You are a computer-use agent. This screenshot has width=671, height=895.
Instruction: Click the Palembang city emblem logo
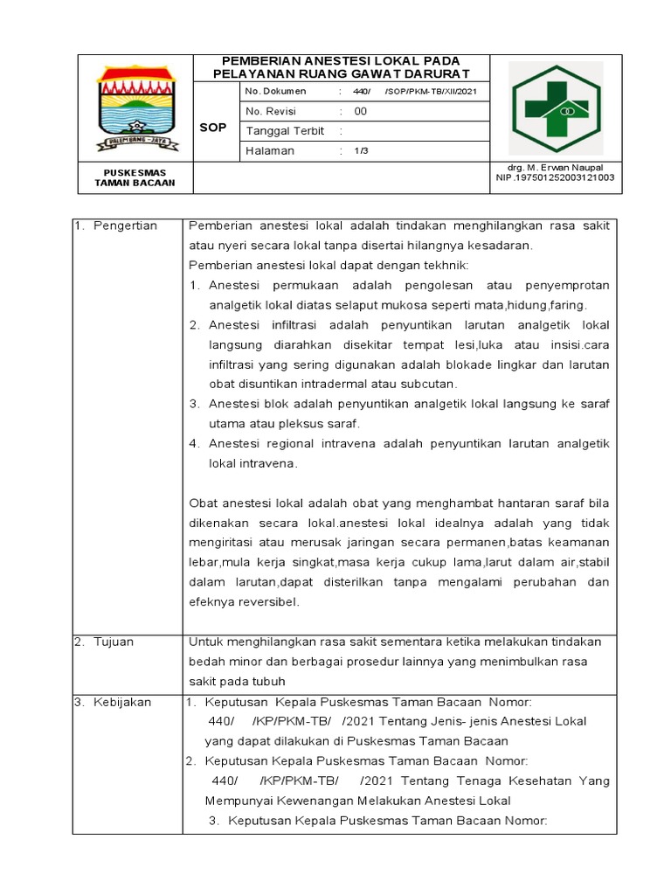pyautogui.click(x=135, y=108)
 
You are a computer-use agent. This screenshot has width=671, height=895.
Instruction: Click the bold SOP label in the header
pyautogui.click(x=212, y=128)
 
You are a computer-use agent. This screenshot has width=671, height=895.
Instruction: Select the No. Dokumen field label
pyautogui.click(x=275, y=92)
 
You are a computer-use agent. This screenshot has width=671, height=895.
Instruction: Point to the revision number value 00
pyautogui.click(x=360, y=112)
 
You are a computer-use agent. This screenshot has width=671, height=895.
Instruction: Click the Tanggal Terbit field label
pyautogui.click(x=285, y=131)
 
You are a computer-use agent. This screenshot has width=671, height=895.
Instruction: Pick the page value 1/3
pyautogui.click(x=361, y=151)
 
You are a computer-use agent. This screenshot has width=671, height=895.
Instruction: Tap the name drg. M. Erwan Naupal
pyautogui.click(x=555, y=167)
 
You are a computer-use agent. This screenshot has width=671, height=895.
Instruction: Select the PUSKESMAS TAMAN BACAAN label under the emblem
pyautogui.click(x=135, y=177)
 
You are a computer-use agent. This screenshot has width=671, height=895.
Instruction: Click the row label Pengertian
pyautogui.click(x=127, y=226)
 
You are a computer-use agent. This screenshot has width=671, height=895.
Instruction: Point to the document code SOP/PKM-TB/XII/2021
pyautogui.click(x=431, y=92)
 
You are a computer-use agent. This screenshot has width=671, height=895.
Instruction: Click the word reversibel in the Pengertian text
pyautogui.click(x=265, y=602)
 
